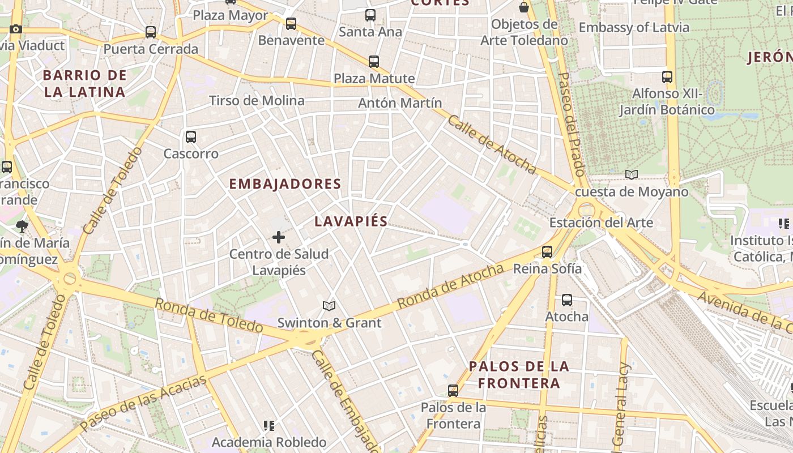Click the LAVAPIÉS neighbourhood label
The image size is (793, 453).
coord(351,222)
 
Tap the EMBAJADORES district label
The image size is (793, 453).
coord(285,184)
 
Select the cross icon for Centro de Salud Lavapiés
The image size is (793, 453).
coord(279,237)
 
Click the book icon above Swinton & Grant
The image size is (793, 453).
coord(329,306)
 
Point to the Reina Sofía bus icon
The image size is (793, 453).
coord(547,252)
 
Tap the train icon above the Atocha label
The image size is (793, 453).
coord(567,300)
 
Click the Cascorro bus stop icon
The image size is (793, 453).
coord(191,136)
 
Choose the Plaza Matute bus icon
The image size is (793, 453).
coord(374,62)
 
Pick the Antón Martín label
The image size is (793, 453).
coord(400,103)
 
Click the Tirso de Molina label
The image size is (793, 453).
coord(257,101)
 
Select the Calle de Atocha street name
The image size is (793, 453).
coord(492,144)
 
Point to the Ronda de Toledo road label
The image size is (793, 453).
coord(209,315)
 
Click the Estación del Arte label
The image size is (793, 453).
coord(601,223)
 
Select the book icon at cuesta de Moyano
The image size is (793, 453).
coord(632,175)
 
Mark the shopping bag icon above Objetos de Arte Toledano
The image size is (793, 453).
coord(524,7)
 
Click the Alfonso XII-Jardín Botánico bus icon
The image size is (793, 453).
coord(667,77)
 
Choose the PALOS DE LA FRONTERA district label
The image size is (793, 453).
coord(519,375)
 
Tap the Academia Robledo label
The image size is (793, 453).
coord(269,442)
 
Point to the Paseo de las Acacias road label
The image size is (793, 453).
coord(143,403)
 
